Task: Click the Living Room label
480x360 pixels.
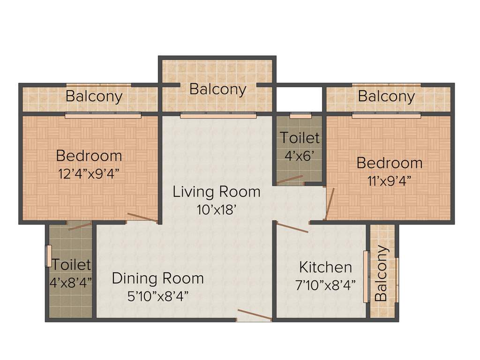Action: click(x=216, y=192)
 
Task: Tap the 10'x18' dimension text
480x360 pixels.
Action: click(x=216, y=209)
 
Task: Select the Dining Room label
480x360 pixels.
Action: click(x=157, y=278)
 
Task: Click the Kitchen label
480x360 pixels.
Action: click(x=325, y=267)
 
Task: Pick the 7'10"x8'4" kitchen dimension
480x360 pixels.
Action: click(x=325, y=284)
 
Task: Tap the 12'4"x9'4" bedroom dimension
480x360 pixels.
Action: click(x=89, y=173)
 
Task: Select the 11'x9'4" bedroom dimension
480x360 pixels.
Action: click(x=389, y=181)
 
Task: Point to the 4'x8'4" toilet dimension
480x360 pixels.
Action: click(x=70, y=282)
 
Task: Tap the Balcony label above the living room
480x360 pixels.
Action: click(x=217, y=89)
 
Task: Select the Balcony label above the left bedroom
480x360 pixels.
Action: click(x=94, y=96)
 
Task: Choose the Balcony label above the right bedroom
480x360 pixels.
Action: click(x=386, y=96)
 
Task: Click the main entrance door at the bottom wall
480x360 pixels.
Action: click(x=254, y=315)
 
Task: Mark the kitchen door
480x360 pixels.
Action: click(x=292, y=228)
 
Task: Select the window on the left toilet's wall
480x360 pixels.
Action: click(x=48, y=256)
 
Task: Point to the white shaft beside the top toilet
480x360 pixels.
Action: click(x=299, y=99)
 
